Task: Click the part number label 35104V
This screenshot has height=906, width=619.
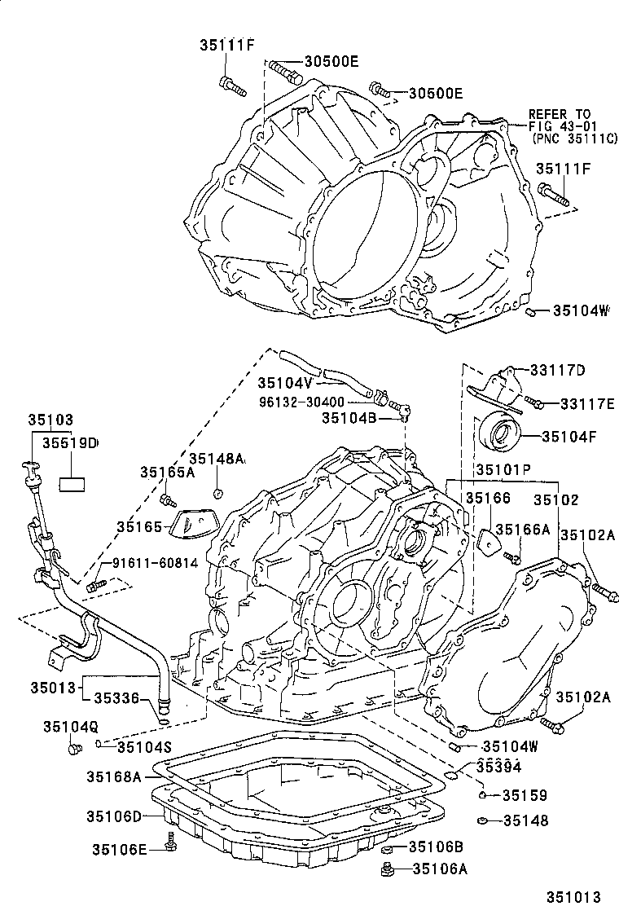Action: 285,382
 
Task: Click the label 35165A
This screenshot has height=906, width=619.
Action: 167,472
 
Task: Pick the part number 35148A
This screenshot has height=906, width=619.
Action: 217,459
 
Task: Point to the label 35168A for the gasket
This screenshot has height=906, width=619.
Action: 115,776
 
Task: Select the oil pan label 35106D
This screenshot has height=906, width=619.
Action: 115,816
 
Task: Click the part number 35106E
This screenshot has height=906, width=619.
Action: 120,850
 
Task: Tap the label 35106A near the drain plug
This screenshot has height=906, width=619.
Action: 441,869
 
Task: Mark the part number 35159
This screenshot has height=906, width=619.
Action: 525,795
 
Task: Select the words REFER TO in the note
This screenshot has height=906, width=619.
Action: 560,114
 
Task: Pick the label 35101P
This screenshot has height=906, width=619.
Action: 503,470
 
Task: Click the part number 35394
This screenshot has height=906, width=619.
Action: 498,767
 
